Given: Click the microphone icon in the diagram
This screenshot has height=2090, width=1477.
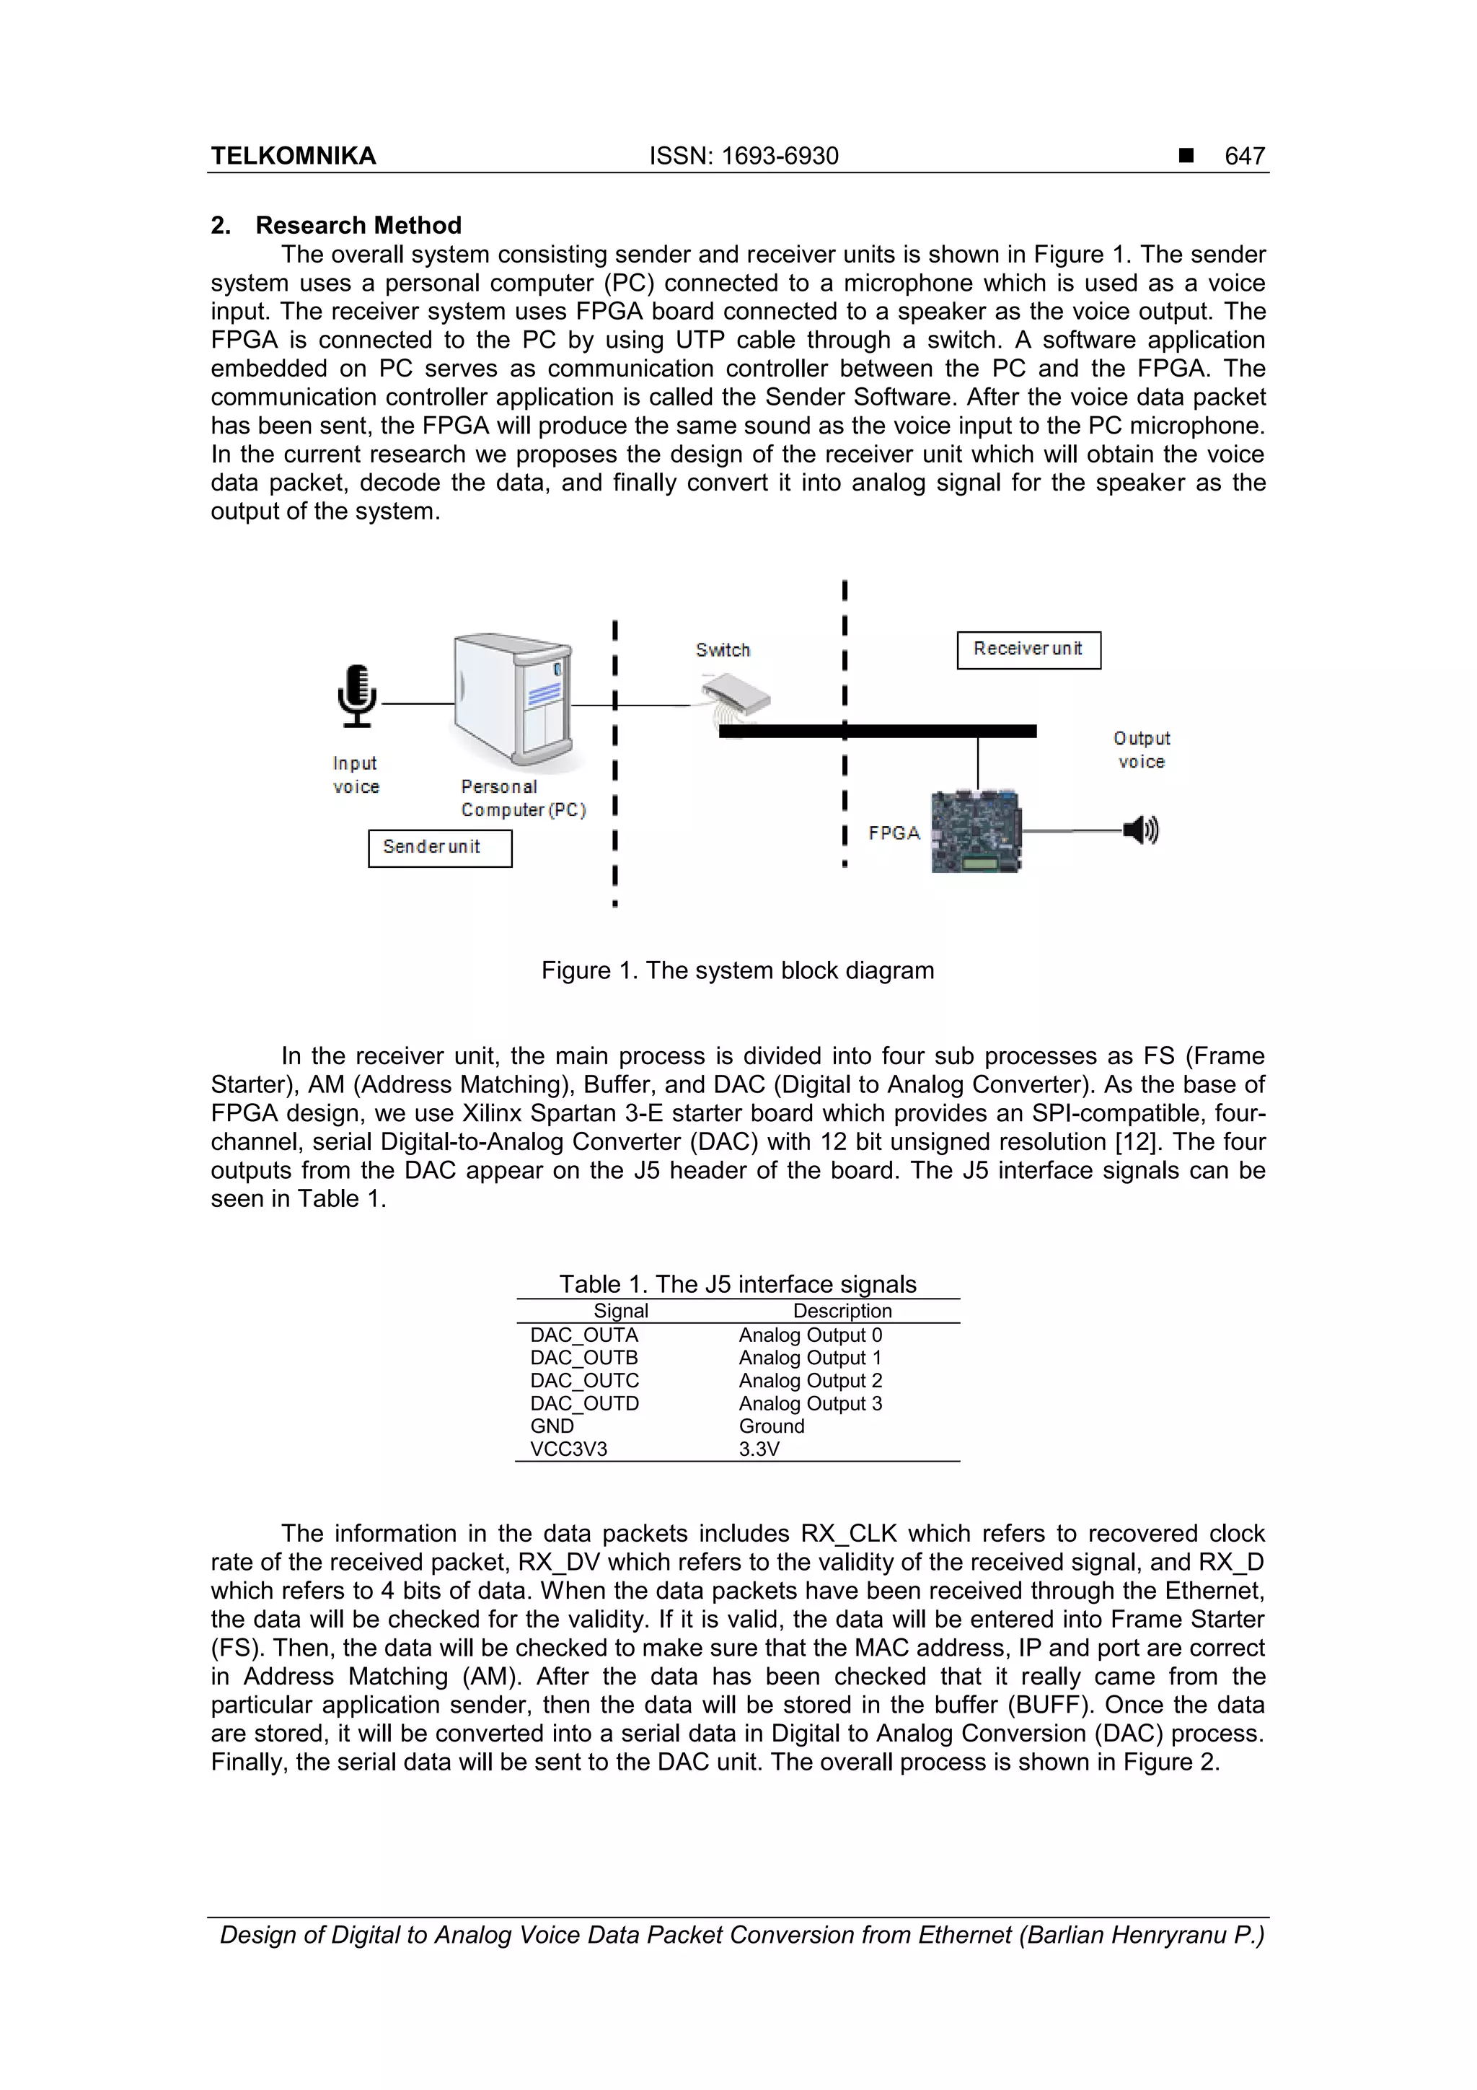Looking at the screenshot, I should (357, 696).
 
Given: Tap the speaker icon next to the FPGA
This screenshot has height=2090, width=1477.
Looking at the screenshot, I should (1140, 830).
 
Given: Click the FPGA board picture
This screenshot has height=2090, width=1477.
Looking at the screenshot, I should (974, 832).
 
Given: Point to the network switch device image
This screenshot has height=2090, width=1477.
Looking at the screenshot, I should (736, 696).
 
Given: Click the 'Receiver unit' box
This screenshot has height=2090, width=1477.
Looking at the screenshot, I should (1028, 650).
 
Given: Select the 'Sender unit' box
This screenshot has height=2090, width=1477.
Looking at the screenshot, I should (439, 848).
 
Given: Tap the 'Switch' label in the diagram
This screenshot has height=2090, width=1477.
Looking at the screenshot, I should (723, 650).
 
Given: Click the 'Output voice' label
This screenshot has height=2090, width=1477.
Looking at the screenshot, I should (1141, 750).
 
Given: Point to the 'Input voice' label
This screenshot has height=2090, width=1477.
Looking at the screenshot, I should (356, 775).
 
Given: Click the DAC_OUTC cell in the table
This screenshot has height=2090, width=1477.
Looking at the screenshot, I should (584, 1381).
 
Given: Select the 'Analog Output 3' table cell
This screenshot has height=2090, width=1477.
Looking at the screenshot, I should (810, 1404).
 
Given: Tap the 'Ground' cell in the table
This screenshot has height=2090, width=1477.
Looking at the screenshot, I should (771, 1426).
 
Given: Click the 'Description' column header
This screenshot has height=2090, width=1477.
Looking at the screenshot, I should (842, 1311).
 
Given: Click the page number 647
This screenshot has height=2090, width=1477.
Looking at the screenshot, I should (1244, 157).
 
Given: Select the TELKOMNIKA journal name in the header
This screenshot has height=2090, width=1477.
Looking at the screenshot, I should (293, 157).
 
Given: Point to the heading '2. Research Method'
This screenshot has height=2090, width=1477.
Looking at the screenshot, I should (336, 225).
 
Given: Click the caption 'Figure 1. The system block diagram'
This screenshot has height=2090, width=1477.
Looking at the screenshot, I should (737, 970).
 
